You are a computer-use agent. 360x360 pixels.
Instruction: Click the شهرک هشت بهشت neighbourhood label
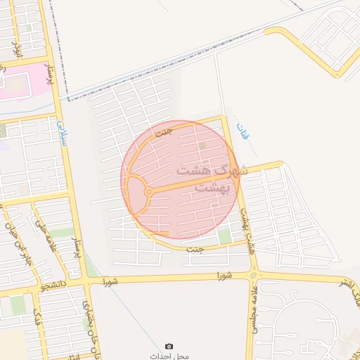point(211,179)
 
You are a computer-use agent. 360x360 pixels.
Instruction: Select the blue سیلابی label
point(61,133)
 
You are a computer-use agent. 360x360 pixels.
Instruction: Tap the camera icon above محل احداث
point(169,346)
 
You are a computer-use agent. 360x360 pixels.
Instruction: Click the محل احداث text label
point(169,356)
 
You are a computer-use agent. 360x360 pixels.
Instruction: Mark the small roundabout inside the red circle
point(148,192)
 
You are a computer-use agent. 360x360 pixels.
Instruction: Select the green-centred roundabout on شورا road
point(253,275)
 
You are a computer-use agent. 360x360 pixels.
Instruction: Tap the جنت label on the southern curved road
point(195,249)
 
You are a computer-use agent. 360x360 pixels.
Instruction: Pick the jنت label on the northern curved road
point(163,131)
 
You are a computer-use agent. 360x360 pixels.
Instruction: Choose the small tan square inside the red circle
point(203,146)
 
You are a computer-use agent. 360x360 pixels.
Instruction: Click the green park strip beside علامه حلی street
point(62,233)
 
